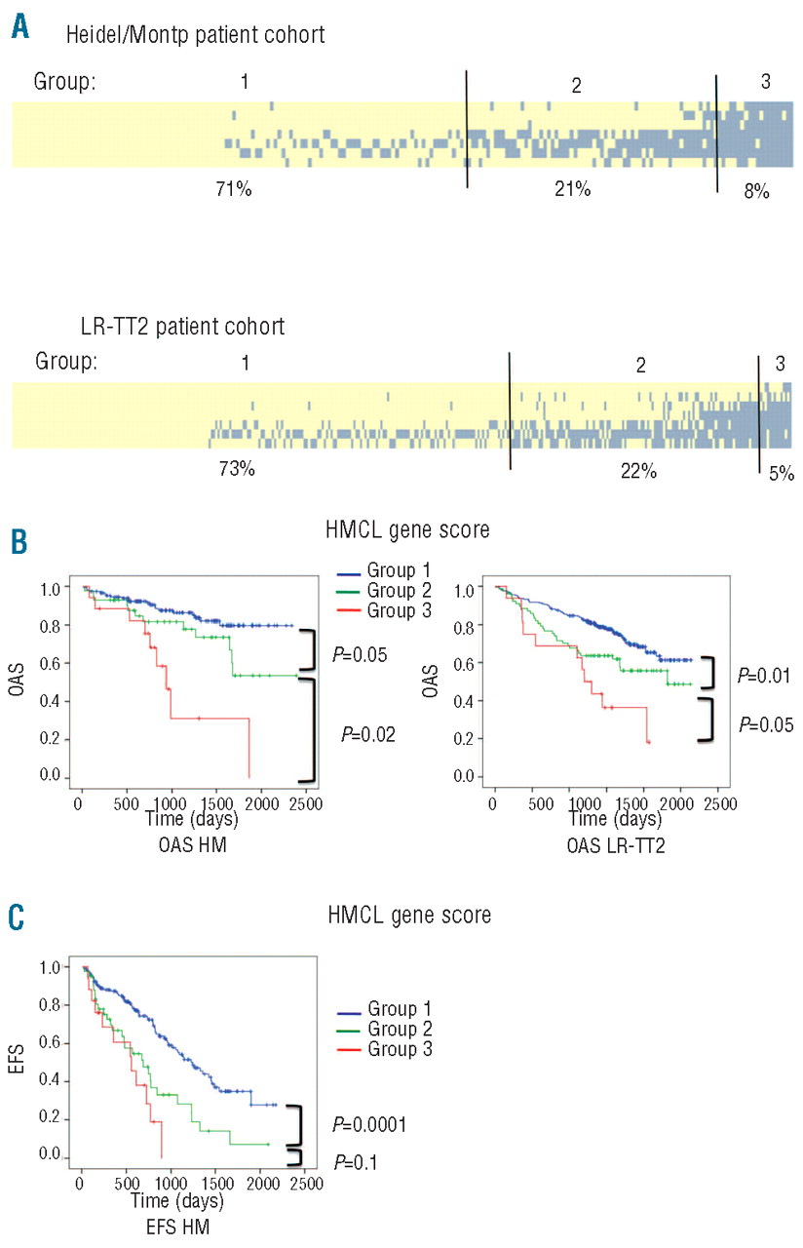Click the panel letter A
20,26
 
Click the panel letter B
19,542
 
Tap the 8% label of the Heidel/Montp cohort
756,192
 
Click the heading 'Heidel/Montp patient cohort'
195,36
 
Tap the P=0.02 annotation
364,731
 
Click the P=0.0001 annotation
369,1124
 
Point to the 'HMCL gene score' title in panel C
407,916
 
